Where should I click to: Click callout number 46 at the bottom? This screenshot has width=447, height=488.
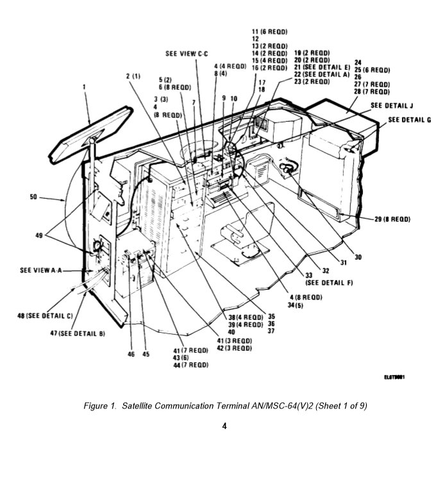pyautogui.click(x=131, y=353)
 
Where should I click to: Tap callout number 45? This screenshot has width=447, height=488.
pyautogui.click(x=146, y=353)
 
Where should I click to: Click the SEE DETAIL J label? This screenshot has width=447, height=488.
pyautogui.click(x=391, y=105)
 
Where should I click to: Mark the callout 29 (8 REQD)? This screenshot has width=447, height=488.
pyautogui.click(x=392, y=219)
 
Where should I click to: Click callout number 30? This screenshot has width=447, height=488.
pyautogui.click(x=358, y=257)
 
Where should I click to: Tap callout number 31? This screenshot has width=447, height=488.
pyautogui.click(x=343, y=262)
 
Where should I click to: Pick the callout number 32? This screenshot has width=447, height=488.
pyautogui.click(x=326, y=270)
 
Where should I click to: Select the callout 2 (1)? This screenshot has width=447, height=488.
pyautogui.click(x=133, y=76)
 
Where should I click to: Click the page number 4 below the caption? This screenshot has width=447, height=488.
pyautogui.click(x=224, y=426)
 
